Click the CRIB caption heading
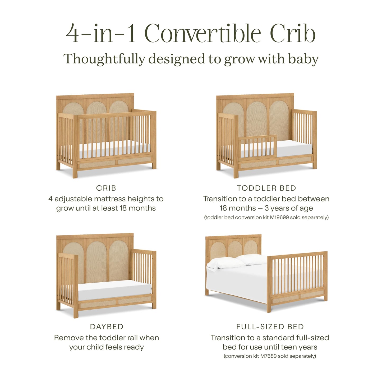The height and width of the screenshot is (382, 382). [106, 188]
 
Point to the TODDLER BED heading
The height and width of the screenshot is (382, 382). [266, 188]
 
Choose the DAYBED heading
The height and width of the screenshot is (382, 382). [107, 327]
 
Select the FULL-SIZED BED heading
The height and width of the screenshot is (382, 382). [270, 327]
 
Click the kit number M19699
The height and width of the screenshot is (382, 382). [279, 218]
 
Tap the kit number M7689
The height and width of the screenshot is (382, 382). [268, 356]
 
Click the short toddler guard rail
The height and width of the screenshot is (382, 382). [257, 147]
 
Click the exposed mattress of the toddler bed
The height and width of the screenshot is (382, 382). [294, 149]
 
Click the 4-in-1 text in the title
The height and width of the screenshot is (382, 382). [101, 33]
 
